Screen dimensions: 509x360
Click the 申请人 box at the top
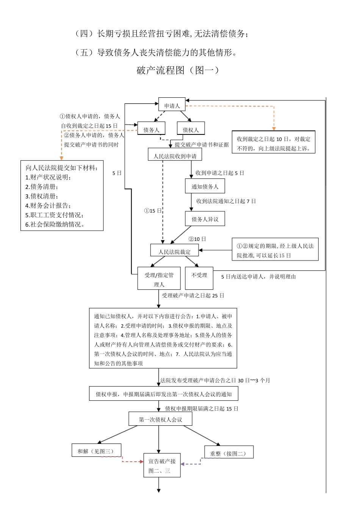[x=172, y=105]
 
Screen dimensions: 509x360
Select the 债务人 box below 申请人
[x=151, y=130]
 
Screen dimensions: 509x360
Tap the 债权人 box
[x=191, y=130]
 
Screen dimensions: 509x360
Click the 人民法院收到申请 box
[x=175, y=156]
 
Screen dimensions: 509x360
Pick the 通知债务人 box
[x=205, y=186]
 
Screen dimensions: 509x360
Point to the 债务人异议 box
[x=205, y=219]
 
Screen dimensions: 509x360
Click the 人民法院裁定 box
[x=174, y=251]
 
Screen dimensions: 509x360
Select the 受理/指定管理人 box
[x=159, y=279]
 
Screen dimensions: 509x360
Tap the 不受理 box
[x=199, y=275]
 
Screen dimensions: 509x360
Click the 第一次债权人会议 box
[x=160, y=419]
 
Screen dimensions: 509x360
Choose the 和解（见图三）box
[x=96, y=451]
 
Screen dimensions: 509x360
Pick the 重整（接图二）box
[x=228, y=453]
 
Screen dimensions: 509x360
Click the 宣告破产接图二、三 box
[x=162, y=466]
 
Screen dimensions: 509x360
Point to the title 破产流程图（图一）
[x=178, y=70]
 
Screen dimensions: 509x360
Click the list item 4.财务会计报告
[x=48, y=205]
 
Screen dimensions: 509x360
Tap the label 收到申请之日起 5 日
[x=220, y=173]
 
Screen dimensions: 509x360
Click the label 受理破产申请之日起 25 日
[x=193, y=295]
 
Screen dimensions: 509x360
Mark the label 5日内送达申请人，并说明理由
[x=258, y=276]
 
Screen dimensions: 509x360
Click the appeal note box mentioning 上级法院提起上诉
[x=273, y=144]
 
